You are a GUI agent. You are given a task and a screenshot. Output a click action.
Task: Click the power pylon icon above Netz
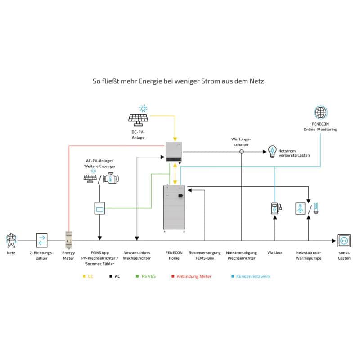11,240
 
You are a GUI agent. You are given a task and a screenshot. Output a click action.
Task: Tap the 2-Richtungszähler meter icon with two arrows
42,240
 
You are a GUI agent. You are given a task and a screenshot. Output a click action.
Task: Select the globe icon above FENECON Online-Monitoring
320,112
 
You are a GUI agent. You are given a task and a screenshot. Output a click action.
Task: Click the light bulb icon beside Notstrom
272,152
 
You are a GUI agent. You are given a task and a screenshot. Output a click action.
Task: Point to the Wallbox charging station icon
276,208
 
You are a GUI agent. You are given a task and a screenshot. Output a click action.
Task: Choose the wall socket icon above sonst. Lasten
344,241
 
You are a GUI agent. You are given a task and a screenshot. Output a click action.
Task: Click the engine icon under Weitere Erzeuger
111,178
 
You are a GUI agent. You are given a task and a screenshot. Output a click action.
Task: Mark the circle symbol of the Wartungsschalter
242,152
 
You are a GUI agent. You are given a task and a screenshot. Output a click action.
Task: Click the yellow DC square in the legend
84,276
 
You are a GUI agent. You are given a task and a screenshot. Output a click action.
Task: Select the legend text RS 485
148,276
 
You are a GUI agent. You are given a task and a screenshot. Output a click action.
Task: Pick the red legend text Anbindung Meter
194,276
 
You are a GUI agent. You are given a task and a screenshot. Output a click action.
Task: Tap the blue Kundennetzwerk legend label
253,276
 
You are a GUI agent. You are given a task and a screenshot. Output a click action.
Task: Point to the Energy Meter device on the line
69,240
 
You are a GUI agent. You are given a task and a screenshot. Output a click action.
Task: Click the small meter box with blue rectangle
99,208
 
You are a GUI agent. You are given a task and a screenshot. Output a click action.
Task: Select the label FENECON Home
174,255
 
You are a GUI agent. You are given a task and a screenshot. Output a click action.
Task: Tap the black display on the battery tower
180,196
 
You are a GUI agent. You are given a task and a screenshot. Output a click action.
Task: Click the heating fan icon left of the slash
300,208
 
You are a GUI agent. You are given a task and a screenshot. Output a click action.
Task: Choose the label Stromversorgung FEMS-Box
205,255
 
